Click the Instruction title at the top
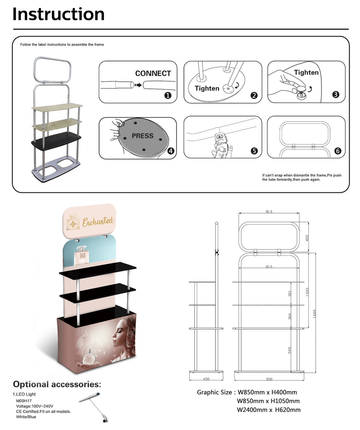click(x=58, y=15)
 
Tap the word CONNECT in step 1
click(x=153, y=74)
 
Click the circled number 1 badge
click(x=168, y=97)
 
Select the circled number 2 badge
click(x=254, y=96)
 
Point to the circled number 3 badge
click(x=336, y=96)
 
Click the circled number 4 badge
click(x=170, y=152)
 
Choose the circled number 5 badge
click(x=254, y=152)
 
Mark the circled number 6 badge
click(x=337, y=152)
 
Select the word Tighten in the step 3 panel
click(x=306, y=73)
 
